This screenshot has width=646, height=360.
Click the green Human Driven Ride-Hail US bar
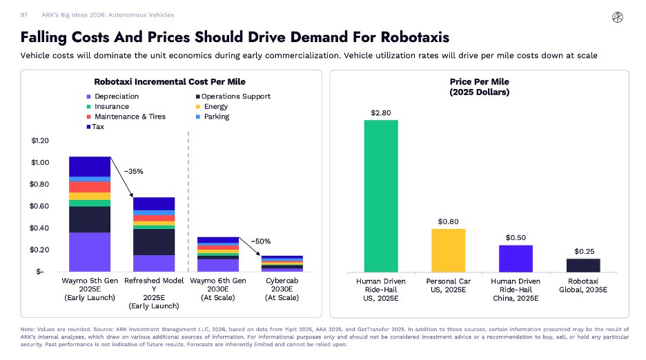pos(381,196)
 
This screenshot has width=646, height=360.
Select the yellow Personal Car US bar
pos(449,250)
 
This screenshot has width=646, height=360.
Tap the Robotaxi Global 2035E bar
pos(583,266)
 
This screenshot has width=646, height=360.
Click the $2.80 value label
pos(381,111)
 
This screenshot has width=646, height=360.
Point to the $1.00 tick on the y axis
pos(39,163)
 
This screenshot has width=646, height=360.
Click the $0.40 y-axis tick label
pos(39,228)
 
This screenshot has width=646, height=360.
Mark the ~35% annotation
pos(133,171)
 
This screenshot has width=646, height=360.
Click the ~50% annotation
pos(260,241)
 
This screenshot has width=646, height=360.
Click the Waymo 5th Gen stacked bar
pos(90,214)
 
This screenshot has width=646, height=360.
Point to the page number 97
pos(25,14)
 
